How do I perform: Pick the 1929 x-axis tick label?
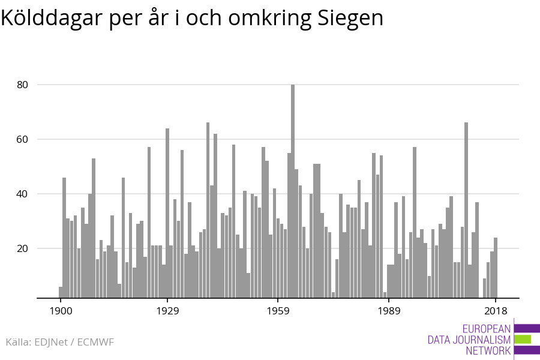[167, 311]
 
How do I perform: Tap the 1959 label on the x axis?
[278, 311]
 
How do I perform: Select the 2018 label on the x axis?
[496, 311]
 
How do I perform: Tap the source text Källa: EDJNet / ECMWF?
[59, 342]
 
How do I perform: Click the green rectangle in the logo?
[523, 340]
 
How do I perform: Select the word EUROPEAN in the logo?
[487, 329]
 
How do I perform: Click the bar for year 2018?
[496, 268]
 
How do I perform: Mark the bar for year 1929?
[167, 213]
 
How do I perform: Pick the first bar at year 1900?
[61, 292]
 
